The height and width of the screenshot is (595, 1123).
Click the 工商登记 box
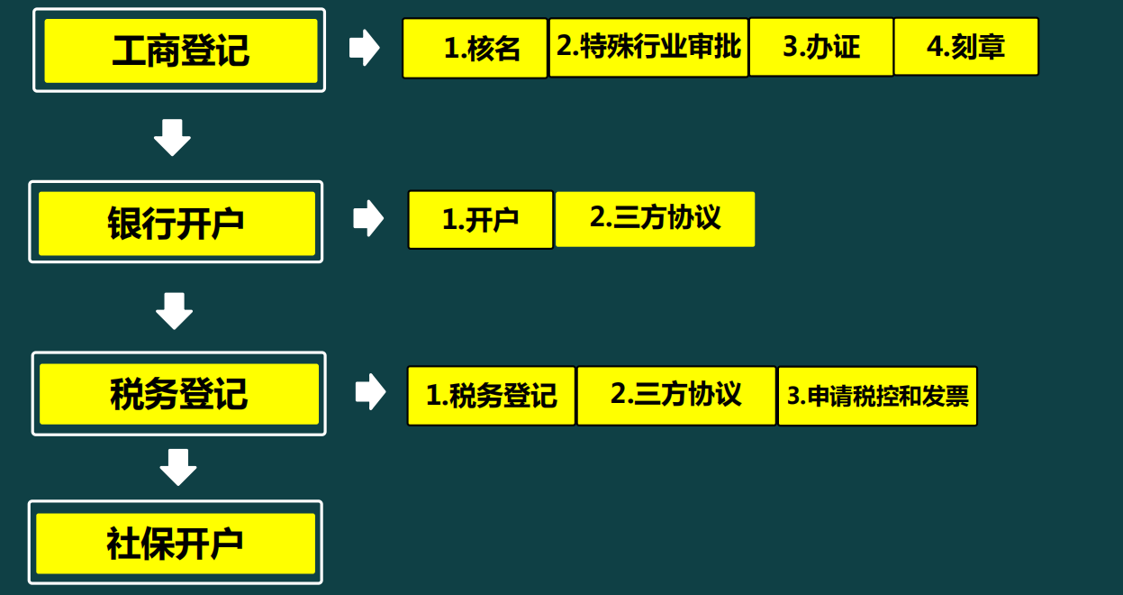[179, 50]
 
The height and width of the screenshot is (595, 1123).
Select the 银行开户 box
[177, 222]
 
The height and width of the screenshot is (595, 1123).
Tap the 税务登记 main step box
[178, 394]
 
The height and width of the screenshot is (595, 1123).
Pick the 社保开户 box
[176, 543]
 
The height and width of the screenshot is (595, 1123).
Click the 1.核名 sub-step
[475, 49]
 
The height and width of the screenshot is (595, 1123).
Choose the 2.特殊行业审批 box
[648, 47]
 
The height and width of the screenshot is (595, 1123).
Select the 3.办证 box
[820, 47]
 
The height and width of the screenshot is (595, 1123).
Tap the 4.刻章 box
[965, 47]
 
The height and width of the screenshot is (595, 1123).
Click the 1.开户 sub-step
[480, 220]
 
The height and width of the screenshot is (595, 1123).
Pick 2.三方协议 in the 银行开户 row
[655, 218]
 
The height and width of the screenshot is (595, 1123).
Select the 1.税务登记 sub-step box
[491, 396]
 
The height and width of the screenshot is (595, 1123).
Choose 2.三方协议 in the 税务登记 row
[675, 395]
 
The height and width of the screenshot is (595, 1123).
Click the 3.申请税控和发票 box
[877, 396]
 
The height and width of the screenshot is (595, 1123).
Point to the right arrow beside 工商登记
[364, 48]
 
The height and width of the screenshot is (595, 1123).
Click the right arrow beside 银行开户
[367, 219]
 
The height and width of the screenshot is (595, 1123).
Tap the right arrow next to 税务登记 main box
[369, 391]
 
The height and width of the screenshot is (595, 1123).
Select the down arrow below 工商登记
[172, 137]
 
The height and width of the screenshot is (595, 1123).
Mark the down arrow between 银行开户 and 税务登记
[174, 310]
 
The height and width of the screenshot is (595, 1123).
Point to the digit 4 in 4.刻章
[934, 47]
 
